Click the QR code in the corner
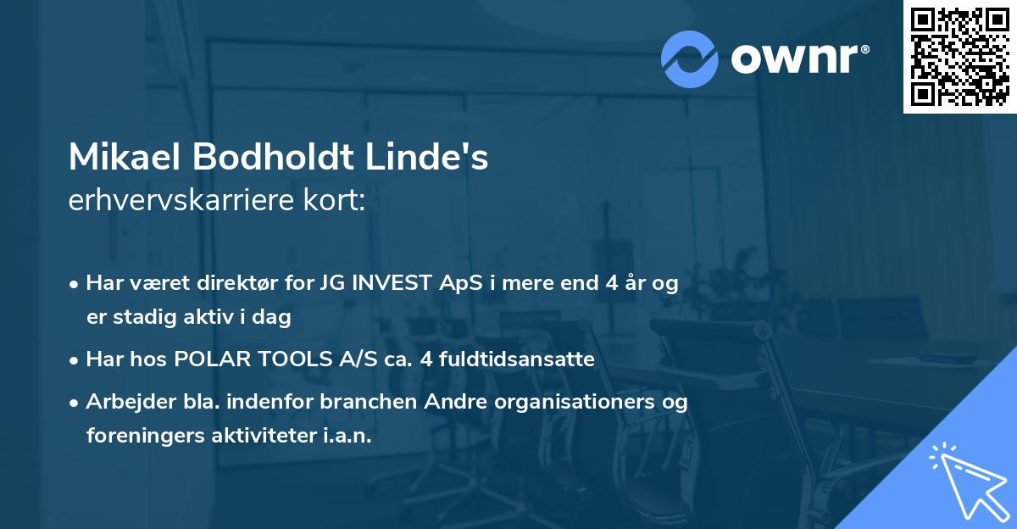tap(959, 57)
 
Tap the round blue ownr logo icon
tap(691, 58)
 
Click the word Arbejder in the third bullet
tap(124, 402)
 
